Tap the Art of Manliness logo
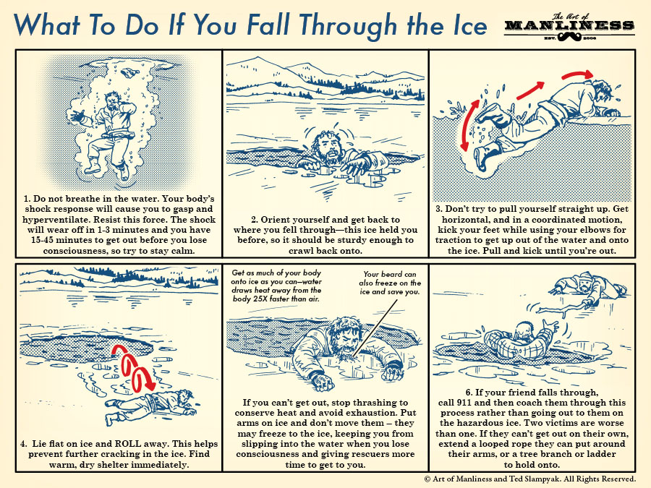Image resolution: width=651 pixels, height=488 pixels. tap(569, 27)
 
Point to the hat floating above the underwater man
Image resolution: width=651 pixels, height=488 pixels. tap(131, 73)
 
